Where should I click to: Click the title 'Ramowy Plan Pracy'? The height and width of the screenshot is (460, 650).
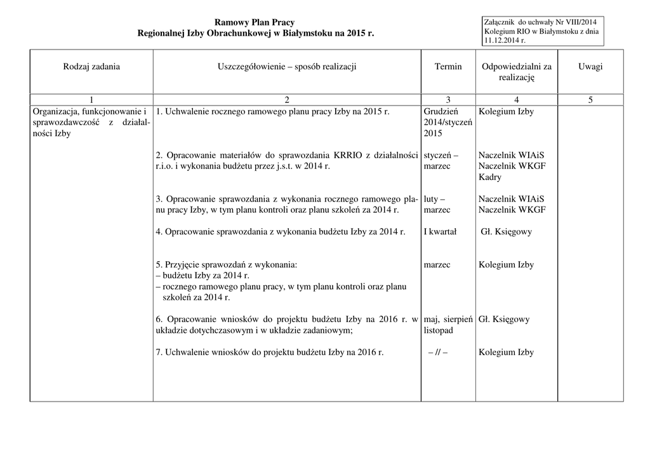[255, 23]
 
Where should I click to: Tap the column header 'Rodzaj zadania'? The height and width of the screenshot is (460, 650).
[91, 67]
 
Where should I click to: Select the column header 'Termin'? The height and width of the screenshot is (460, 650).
[448, 67]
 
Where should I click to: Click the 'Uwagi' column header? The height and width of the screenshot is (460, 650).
[590, 67]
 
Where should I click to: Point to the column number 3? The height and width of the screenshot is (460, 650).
[448, 100]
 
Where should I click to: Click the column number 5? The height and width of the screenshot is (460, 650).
[590, 100]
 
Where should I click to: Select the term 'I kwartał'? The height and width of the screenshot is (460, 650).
[440, 232]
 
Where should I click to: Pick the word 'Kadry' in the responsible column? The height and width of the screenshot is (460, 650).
[490, 177]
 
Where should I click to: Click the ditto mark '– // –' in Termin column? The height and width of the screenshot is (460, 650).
[438, 353]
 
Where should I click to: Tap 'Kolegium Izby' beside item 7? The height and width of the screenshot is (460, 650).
[506, 353]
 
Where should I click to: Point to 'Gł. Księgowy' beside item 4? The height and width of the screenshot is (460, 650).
[505, 232]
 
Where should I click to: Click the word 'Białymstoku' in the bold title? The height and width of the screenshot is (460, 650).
[300, 33]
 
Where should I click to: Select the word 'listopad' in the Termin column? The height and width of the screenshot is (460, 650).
[439, 330]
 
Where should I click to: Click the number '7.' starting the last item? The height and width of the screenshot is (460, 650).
[159, 353]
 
